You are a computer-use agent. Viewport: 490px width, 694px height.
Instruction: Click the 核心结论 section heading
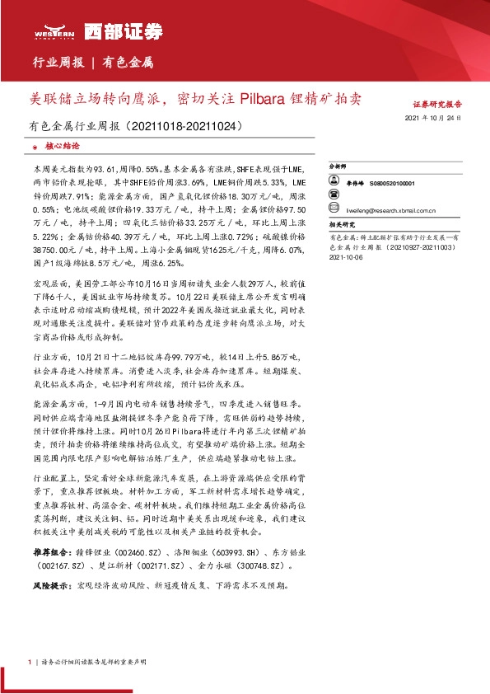62,145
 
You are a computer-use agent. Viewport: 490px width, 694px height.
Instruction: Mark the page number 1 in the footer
29,662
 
